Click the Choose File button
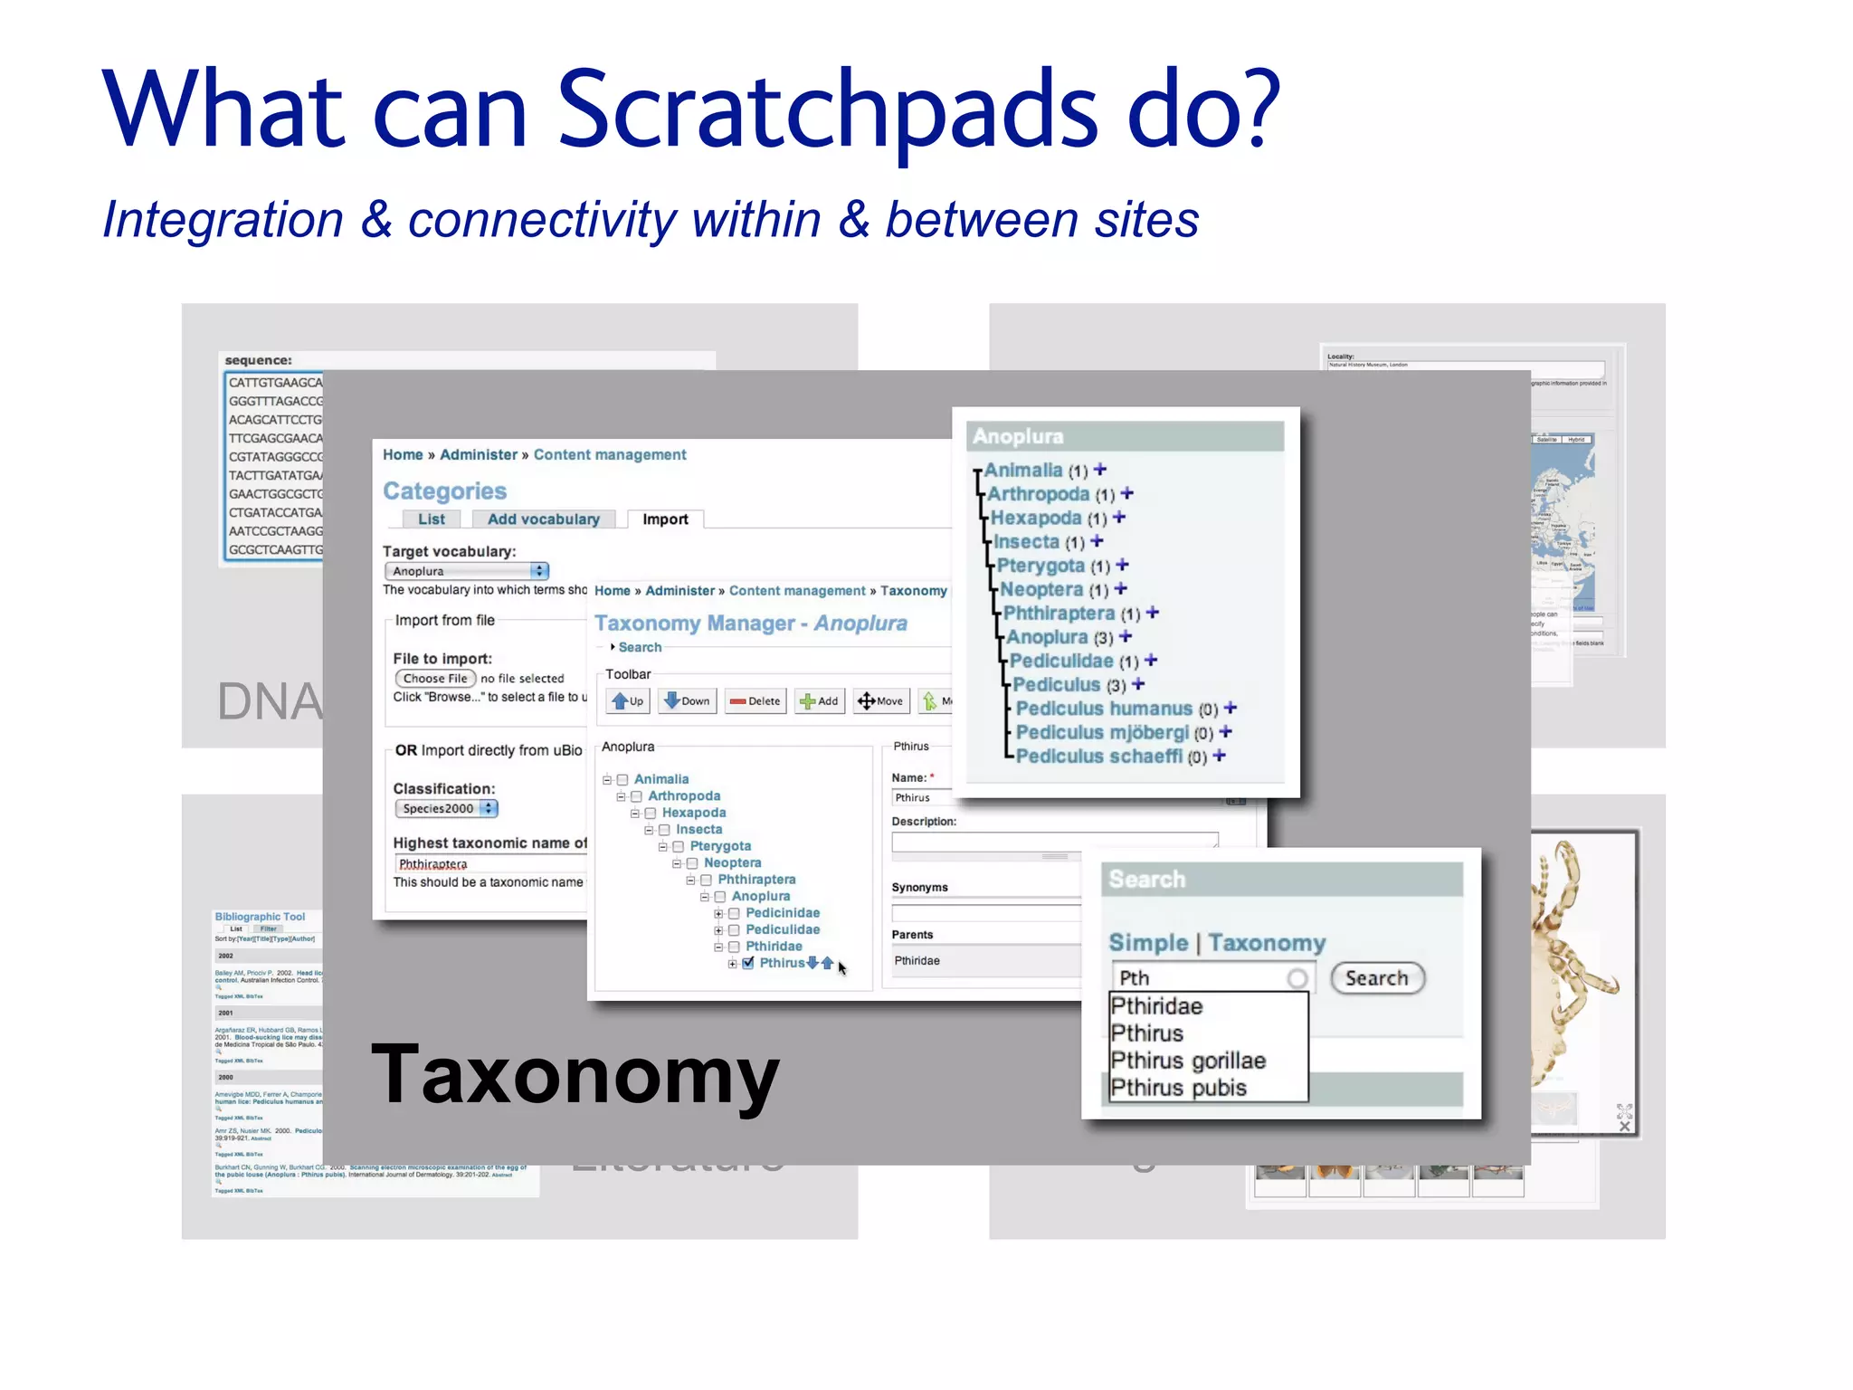435,678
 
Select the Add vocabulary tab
543,519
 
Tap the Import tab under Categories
665,519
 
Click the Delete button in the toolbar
755,701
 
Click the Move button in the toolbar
880,701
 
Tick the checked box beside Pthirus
748,963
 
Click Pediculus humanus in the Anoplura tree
1104,709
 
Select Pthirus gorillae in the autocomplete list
1188,1061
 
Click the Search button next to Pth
1376,978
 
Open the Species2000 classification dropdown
446,808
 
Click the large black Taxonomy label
575,1075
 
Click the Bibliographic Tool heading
260,917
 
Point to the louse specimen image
1574,968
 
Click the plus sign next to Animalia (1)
1100,470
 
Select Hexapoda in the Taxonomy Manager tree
693,813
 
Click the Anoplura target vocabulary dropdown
467,571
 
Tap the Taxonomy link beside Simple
1266,943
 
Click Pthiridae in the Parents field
917,961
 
